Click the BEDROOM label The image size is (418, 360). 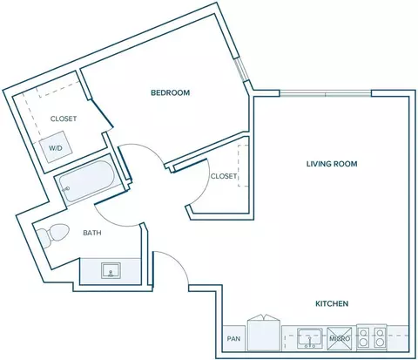pos(170,92)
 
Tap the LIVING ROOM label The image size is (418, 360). pos(332,164)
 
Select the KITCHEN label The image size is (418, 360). pos(332,303)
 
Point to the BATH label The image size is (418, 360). pos(92,233)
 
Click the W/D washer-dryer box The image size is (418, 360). pos(56,146)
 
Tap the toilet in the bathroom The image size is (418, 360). pos(53,235)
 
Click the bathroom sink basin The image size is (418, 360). pos(111,270)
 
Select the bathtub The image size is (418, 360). pos(87,181)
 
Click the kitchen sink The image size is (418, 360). pos(310,338)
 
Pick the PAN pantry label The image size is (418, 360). pos(233,338)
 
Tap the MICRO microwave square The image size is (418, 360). pos(340,338)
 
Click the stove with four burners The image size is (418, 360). pos(372,337)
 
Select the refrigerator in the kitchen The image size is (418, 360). pos(264,334)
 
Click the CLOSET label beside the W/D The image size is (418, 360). pos(64,119)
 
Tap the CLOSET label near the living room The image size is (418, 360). pos(224,176)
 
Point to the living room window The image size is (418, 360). pos(326,93)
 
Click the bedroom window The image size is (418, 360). pos(241,70)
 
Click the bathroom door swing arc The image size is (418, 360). pos(112,220)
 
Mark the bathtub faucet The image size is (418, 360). pos(66,189)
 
